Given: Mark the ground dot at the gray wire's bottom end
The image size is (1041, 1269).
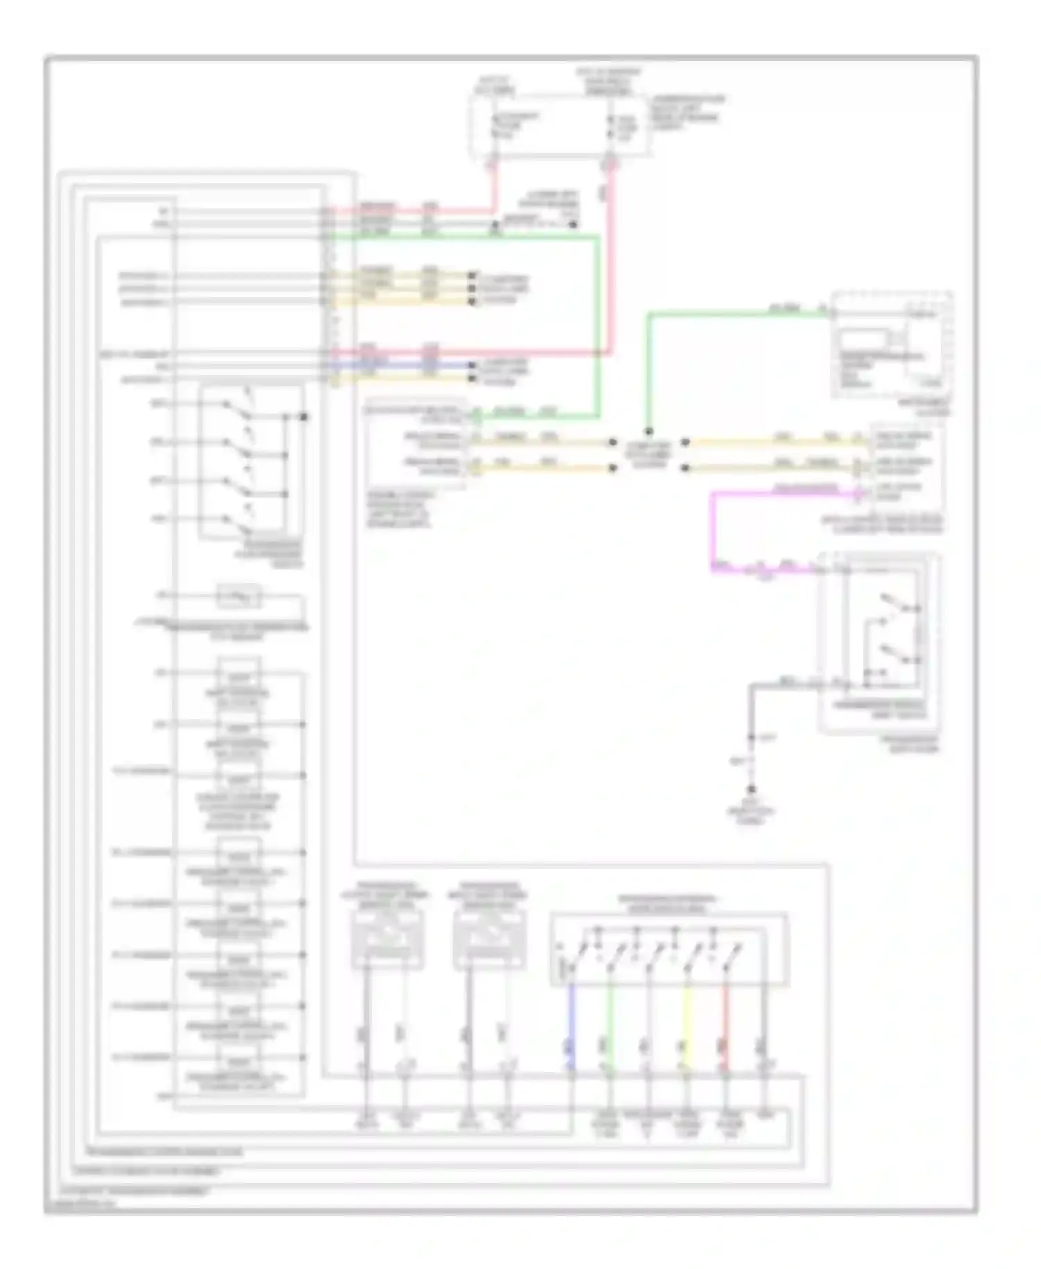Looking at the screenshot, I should pyautogui.click(x=752, y=789).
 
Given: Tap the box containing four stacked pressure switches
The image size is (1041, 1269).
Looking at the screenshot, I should pyautogui.click(x=251, y=461).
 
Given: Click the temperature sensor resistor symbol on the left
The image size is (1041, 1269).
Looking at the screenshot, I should pyautogui.click(x=239, y=596).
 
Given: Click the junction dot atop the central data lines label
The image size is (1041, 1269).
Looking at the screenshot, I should pyautogui.click(x=649, y=431).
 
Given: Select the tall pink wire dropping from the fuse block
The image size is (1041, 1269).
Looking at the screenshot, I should pyautogui.click(x=611, y=264).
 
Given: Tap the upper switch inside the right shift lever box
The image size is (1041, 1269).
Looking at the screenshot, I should pyautogui.click(x=895, y=605).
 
